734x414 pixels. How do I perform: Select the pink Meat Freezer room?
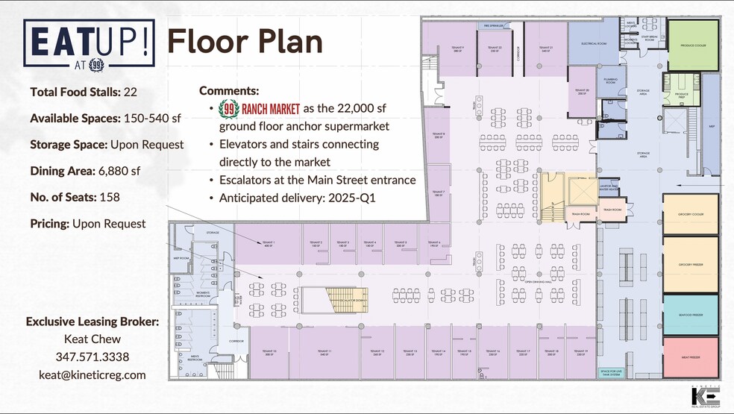click(690, 357)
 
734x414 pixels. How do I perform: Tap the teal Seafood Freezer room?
click(690, 314)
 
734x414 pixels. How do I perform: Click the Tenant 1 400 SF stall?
click(269, 244)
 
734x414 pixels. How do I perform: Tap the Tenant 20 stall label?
click(582, 90)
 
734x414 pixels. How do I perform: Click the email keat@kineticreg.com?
click(92, 375)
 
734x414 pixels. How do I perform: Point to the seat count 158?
click(110, 197)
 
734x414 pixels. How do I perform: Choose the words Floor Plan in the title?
click(245, 42)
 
